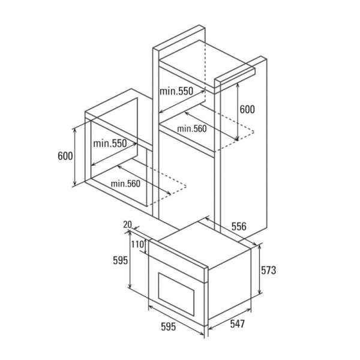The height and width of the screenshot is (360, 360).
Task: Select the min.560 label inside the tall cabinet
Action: coord(191,128)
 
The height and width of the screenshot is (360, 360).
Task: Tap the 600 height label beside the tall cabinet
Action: coord(247,109)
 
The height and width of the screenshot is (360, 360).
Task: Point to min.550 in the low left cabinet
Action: coord(110,143)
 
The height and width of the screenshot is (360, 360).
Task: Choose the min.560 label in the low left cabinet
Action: coord(125,184)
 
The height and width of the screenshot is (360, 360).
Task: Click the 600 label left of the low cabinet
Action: coord(65,156)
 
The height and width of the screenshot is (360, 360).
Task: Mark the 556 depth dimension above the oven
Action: coord(239,226)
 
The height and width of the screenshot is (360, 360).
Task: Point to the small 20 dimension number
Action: coord(127,224)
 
